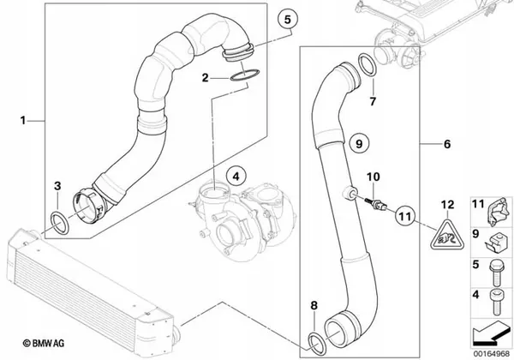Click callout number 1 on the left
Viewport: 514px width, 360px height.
tap(24, 122)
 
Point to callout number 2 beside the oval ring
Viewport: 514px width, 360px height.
tap(205, 78)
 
